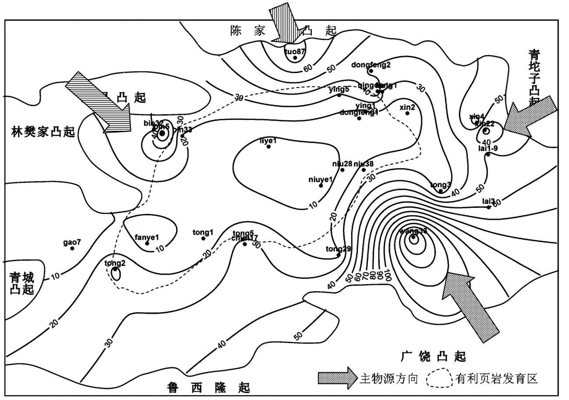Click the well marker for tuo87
tap(295, 58)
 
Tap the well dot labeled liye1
tap(269, 147)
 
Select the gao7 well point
tap(72, 249)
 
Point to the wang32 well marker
tap(413, 238)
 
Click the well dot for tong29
tap(339, 255)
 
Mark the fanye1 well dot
tap(147, 243)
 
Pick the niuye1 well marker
tap(321, 186)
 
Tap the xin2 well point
tap(407, 113)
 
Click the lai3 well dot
tap(489, 207)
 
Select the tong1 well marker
tap(203, 239)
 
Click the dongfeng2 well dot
tap(371, 71)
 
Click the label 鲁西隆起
tap(209, 387)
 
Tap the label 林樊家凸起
tap(43, 131)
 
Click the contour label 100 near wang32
tap(387, 277)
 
